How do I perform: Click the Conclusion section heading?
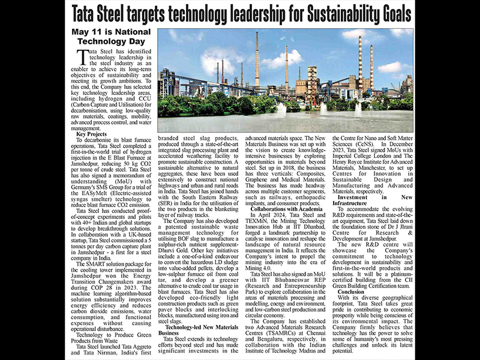[x=353, y=274]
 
